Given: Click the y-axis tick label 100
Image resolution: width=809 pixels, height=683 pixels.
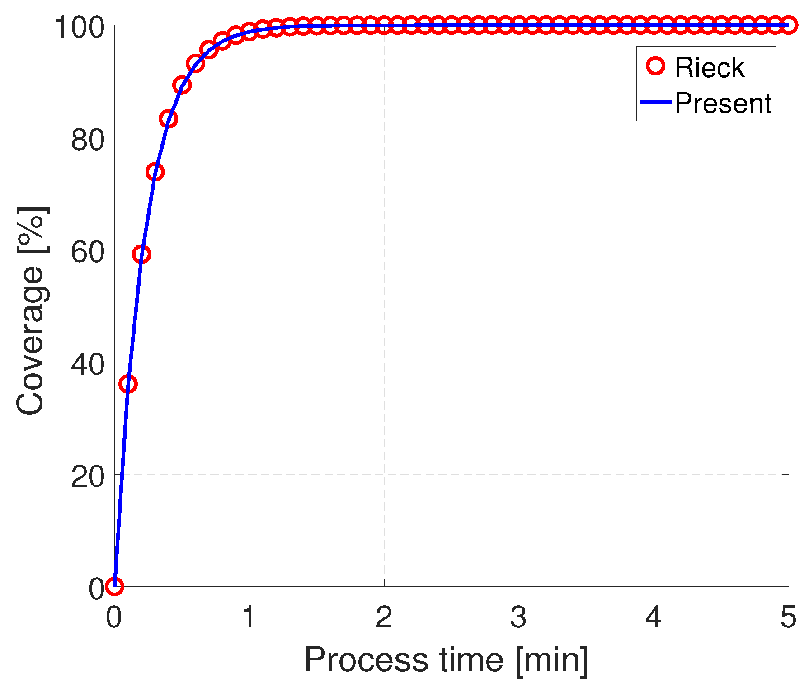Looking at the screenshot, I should click(80, 28).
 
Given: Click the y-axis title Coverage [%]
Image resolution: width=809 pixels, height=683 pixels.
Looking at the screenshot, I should click(31, 311).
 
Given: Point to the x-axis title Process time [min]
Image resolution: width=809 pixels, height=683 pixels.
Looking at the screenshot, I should click(446, 659).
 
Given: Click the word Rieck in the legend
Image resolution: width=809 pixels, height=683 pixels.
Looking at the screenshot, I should click(709, 68).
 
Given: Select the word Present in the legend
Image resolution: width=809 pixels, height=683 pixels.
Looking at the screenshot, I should click(723, 103).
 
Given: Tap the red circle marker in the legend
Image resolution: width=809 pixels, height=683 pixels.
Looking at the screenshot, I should click(655, 66).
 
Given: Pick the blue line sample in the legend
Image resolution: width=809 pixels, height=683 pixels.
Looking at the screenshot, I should click(655, 102).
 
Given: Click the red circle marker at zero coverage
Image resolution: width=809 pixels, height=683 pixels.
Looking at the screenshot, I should click(114, 587).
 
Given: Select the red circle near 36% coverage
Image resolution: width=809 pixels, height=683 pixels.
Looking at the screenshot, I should click(128, 384).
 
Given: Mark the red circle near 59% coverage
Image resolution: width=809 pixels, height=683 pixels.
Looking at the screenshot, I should click(141, 254).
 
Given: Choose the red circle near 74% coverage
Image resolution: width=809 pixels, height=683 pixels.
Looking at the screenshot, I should click(155, 172).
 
